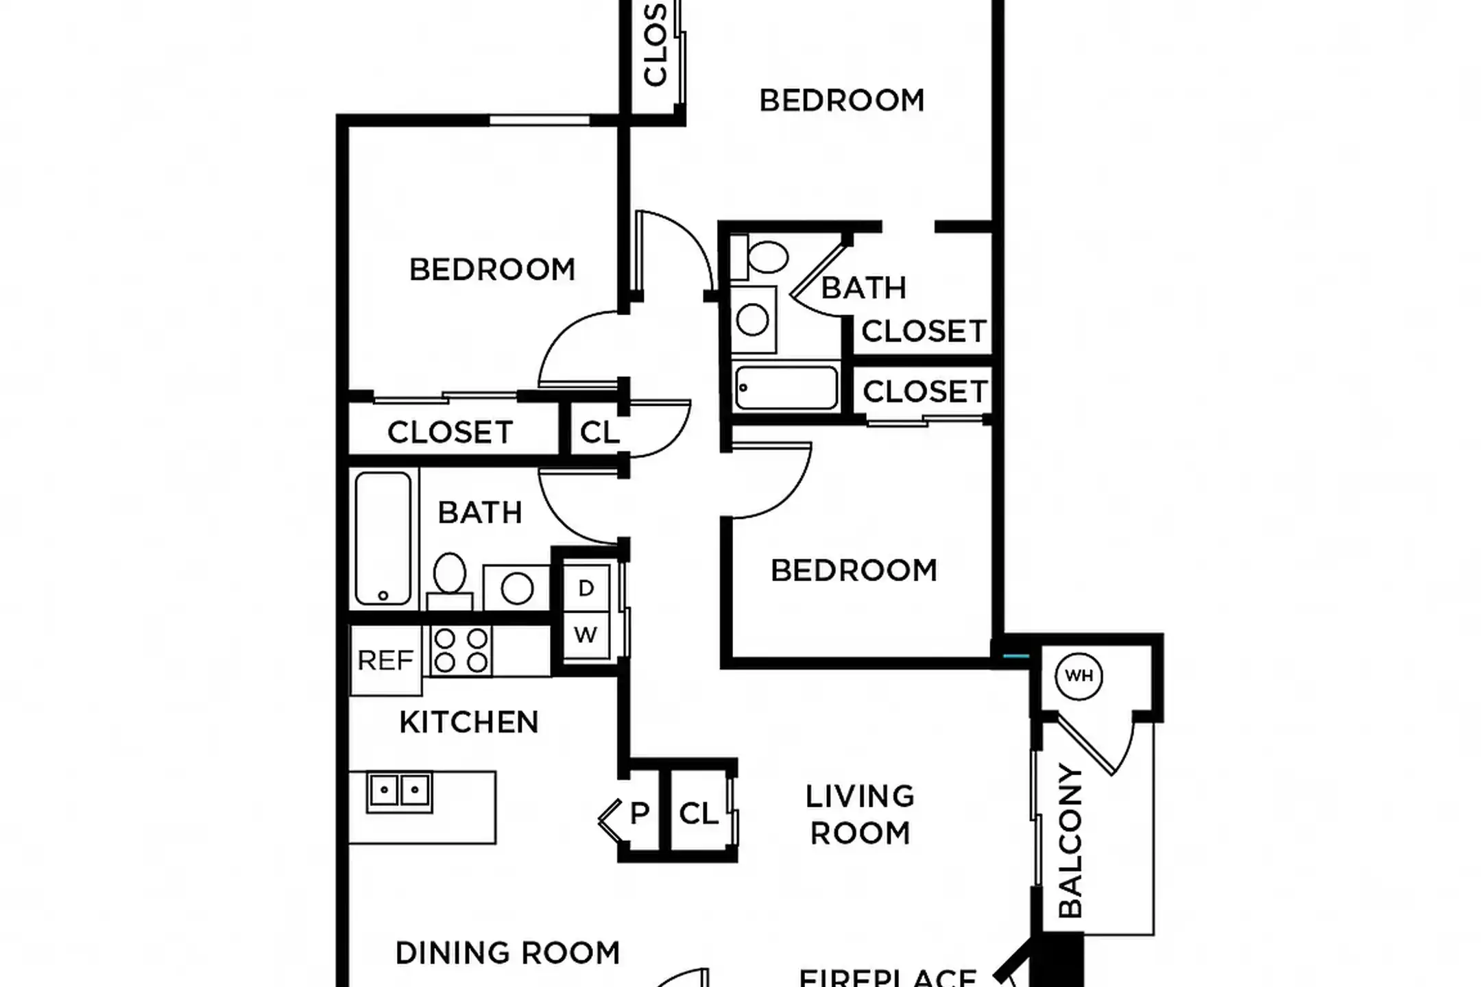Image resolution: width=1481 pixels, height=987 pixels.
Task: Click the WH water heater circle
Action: click(x=1079, y=677)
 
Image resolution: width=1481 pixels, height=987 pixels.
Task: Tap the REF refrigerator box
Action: click(x=385, y=661)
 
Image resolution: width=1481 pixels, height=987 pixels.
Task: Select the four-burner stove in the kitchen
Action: click(x=461, y=650)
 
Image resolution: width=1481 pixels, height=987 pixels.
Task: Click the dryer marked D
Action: click(x=586, y=588)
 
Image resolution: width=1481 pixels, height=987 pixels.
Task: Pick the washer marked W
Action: click(x=586, y=635)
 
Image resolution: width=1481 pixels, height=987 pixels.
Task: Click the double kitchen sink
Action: click(x=399, y=792)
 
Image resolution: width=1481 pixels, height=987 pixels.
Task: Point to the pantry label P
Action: click(x=639, y=814)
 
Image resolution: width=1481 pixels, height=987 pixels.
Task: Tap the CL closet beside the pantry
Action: click(x=699, y=814)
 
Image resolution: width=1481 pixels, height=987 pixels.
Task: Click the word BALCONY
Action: click(x=1070, y=842)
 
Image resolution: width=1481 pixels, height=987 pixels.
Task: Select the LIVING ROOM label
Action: click(x=860, y=815)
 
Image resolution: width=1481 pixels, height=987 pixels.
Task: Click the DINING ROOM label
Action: click(x=507, y=953)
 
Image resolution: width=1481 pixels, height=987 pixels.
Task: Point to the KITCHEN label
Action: click(x=469, y=722)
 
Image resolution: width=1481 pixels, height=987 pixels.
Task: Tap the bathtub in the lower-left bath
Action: click(x=383, y=537)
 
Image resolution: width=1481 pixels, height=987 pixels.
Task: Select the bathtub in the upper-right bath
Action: click(x=786, y=388)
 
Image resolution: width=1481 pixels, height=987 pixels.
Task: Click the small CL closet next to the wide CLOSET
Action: click(x=599, y=432)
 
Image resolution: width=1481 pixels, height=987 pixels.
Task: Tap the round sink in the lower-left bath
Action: click(x=517, y=588)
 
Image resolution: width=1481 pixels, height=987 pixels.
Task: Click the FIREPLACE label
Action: click(x=888, y=976)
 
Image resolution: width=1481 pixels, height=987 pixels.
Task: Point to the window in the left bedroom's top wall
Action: click(x=540, y=121)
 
